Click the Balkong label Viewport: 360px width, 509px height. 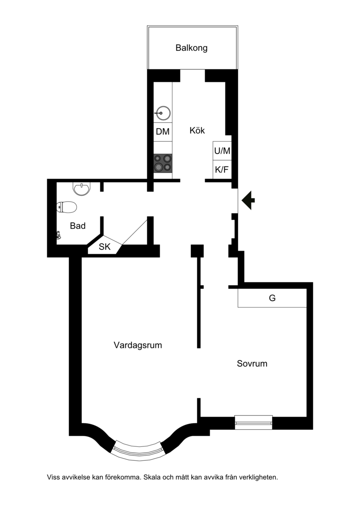[191, 48]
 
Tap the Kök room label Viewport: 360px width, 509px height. [197, 131]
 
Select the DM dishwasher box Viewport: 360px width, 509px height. [162, 132]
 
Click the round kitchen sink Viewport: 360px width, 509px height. [162, 113]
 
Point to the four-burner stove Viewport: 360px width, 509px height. [162, 163]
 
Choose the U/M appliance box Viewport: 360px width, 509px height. [222, 151]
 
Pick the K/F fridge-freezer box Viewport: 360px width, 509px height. [222, 170]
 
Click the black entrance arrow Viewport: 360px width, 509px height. [248, 200]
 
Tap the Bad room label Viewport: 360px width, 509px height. [77, 226]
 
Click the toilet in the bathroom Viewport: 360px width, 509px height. [67, 207]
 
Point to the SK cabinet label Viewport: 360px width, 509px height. [104, 247]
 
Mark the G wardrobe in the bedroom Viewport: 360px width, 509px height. [272, 297]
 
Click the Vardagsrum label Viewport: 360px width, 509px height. [138, 345]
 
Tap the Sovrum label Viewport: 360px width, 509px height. [252, 364]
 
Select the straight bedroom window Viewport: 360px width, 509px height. [253, 422]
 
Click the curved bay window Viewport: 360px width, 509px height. [138, 450]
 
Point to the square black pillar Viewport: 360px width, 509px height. [197, 251]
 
